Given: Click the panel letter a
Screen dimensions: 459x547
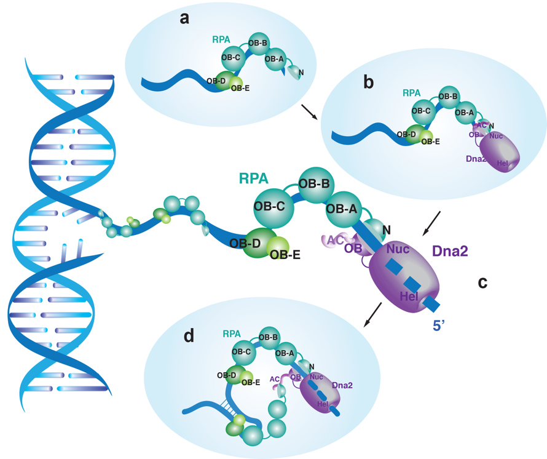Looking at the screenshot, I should point(184,18).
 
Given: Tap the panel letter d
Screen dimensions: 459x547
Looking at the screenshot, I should point(189,337).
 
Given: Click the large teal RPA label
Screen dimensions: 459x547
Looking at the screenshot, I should point(254,179).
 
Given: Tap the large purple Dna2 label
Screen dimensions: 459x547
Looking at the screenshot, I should point(453,251).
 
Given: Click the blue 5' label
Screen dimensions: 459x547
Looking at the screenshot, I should point(439,326).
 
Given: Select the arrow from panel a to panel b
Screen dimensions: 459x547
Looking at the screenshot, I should point(310,112).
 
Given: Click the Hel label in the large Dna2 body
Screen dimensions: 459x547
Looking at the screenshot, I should point(409,297).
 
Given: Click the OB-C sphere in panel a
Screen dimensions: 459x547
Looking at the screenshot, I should point(234,58).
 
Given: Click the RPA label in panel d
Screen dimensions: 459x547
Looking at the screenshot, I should point(232,334).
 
